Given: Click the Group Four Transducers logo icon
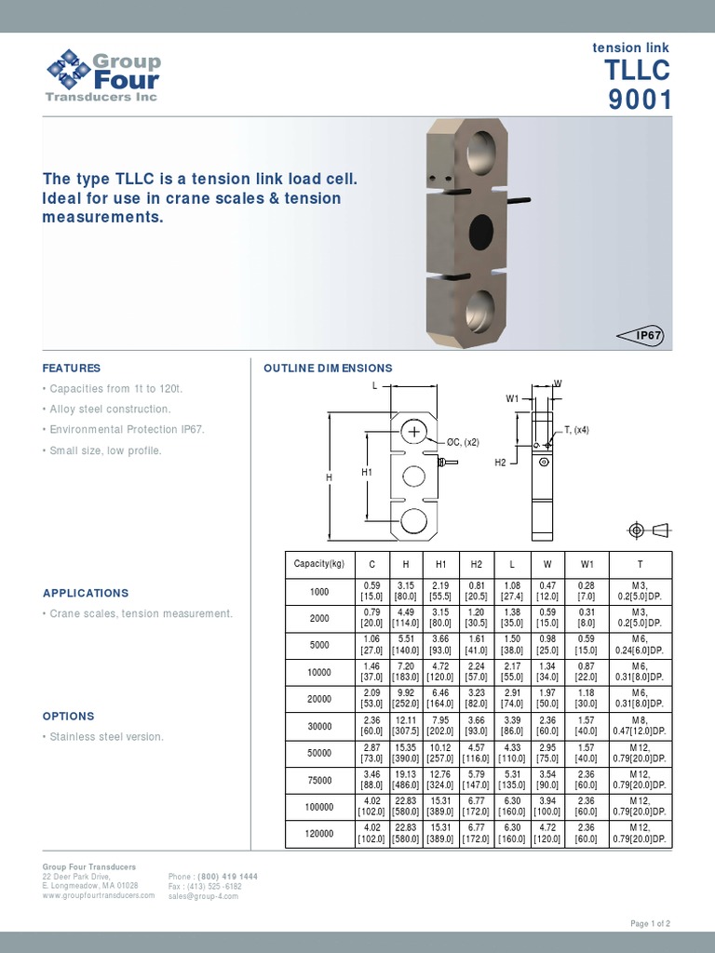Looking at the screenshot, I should [68, 71].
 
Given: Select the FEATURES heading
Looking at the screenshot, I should [72, 369].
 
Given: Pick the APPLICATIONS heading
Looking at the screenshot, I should [86, 593].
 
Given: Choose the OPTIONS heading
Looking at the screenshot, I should [69, 717].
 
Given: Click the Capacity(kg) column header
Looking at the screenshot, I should [319, 564].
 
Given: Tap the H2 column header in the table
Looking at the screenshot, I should [475, 564].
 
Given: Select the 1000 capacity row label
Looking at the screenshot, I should [319, 591].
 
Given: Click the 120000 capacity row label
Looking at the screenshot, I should [319, 834].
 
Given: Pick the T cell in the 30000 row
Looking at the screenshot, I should [639, 726].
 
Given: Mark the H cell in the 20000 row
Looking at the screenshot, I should [406, 699].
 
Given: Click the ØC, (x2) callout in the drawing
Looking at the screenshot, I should [463, 442].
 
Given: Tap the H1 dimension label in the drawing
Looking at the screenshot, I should [366, 472].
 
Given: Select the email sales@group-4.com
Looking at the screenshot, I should [203, 896].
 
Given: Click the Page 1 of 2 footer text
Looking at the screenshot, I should [650, 923].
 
